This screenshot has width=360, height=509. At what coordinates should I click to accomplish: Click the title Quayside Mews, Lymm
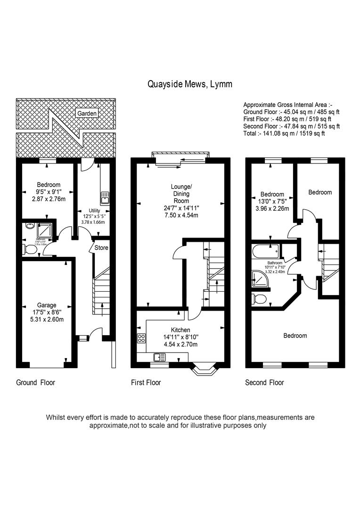189,84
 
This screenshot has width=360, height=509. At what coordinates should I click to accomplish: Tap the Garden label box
87,113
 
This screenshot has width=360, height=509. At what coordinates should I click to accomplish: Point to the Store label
101,247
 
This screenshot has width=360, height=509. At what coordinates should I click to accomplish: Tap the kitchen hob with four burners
141,338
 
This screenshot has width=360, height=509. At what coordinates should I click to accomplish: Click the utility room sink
104,197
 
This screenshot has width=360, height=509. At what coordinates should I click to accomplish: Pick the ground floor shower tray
45,229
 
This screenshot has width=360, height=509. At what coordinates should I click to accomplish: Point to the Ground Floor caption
35,382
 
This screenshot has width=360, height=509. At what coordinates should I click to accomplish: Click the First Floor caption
146,382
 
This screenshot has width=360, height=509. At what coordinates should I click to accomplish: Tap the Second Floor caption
264,382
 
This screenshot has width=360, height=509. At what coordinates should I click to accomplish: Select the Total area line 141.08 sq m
284,133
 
